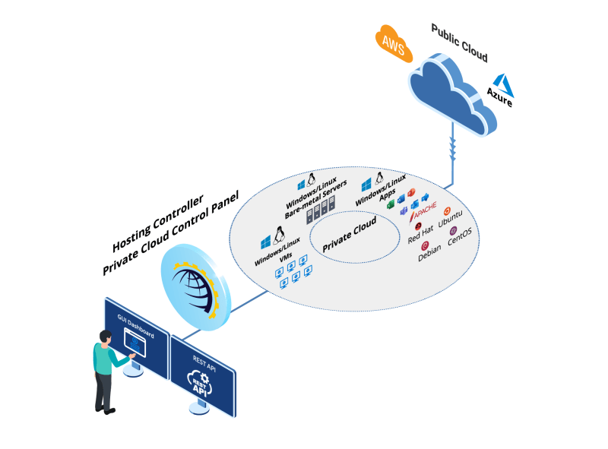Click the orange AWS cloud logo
(x=393, y=43)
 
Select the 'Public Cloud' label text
(x=459, y=43)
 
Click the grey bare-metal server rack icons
(x=320, y=213)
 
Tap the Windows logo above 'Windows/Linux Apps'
(x=366, y=183)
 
